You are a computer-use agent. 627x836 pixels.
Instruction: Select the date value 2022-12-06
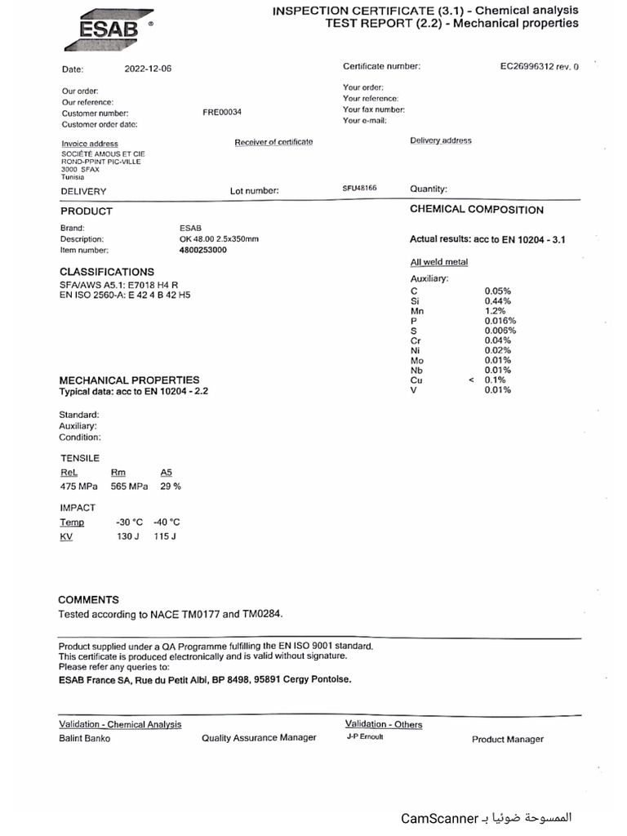[148, 69]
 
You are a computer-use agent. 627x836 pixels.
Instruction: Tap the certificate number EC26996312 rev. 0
[539, 67]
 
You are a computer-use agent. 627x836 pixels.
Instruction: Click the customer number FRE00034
[222, 113]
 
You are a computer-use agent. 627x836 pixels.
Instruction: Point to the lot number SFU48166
[360, 188]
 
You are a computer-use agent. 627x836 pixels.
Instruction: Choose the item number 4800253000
[202, 250]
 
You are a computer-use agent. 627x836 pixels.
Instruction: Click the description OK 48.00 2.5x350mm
[218, 238]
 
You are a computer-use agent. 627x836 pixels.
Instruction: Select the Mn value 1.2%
[496, 311]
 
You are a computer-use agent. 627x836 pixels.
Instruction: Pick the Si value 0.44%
[497, 301]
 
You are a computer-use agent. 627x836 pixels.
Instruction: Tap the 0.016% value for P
[500, 321]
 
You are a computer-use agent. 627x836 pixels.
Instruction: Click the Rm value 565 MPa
[130, 486]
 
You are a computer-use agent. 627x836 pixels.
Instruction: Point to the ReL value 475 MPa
[78, 486]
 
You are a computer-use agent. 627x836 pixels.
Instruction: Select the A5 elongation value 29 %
[170, 486]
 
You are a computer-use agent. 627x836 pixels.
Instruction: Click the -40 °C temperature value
[167, 522]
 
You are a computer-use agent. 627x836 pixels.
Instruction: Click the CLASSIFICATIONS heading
[106, 272]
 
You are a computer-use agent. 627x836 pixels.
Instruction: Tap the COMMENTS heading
[88, 599]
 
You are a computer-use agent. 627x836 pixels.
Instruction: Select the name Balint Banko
[84, 738]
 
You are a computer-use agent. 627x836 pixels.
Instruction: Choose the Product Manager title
[507, 739]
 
